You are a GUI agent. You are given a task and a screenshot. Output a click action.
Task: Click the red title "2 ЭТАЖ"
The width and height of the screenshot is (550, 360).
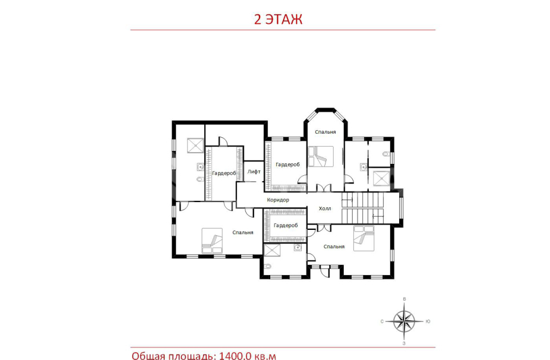pyautogui.click(x=278, y=19)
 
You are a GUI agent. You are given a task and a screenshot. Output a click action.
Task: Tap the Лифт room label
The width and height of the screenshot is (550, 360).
pyautogui.click(x=254, y=172)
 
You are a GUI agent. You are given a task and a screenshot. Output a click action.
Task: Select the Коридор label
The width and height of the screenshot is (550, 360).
pyautogui.click(x=278, y=200)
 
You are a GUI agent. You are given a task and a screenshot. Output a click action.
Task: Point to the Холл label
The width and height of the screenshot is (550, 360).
pyautogui.click(x=325, y=209)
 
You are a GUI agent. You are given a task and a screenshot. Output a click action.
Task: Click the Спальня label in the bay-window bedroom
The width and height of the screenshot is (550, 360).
pyautogui.click(x=325, y=132)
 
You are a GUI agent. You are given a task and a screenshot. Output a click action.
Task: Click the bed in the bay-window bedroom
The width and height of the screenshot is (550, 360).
pyautogui.click(x=321, y=156)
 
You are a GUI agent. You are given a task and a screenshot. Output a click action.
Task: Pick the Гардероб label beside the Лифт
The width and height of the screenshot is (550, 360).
pyautogui.click(x=224, y=173)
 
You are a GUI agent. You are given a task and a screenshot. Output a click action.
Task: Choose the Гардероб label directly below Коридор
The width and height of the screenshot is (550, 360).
pyautogui.click(x=286, y=225)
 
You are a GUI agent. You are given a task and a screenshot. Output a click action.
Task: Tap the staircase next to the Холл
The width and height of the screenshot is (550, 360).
pyautogui.click(x=363, y=208)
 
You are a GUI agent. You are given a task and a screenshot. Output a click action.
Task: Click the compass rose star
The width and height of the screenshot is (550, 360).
pyautogui.click(x=404, y=321)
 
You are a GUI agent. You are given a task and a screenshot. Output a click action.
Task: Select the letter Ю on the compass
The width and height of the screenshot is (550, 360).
pyautogui.click(x=428, y=321)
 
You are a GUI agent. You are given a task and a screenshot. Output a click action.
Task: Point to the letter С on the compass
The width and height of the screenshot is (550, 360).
pyautogui.click(x=382, y=321)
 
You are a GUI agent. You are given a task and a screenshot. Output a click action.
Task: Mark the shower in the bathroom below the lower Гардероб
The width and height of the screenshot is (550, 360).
pyautogui.click(x=272, y=251)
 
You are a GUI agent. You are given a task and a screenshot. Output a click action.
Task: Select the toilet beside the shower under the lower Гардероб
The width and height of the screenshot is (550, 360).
pyautogui.click(x=268, y=266)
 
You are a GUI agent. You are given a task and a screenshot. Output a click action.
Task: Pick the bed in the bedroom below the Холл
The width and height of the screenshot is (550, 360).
pyautogui.click(x=363, y=239)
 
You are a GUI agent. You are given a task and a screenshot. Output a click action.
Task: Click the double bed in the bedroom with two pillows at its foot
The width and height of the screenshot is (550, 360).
pyautogui.click(x=212, y=241)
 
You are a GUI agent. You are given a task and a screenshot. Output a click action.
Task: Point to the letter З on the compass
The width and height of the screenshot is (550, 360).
pyautogui.click(x=404, y=343)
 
